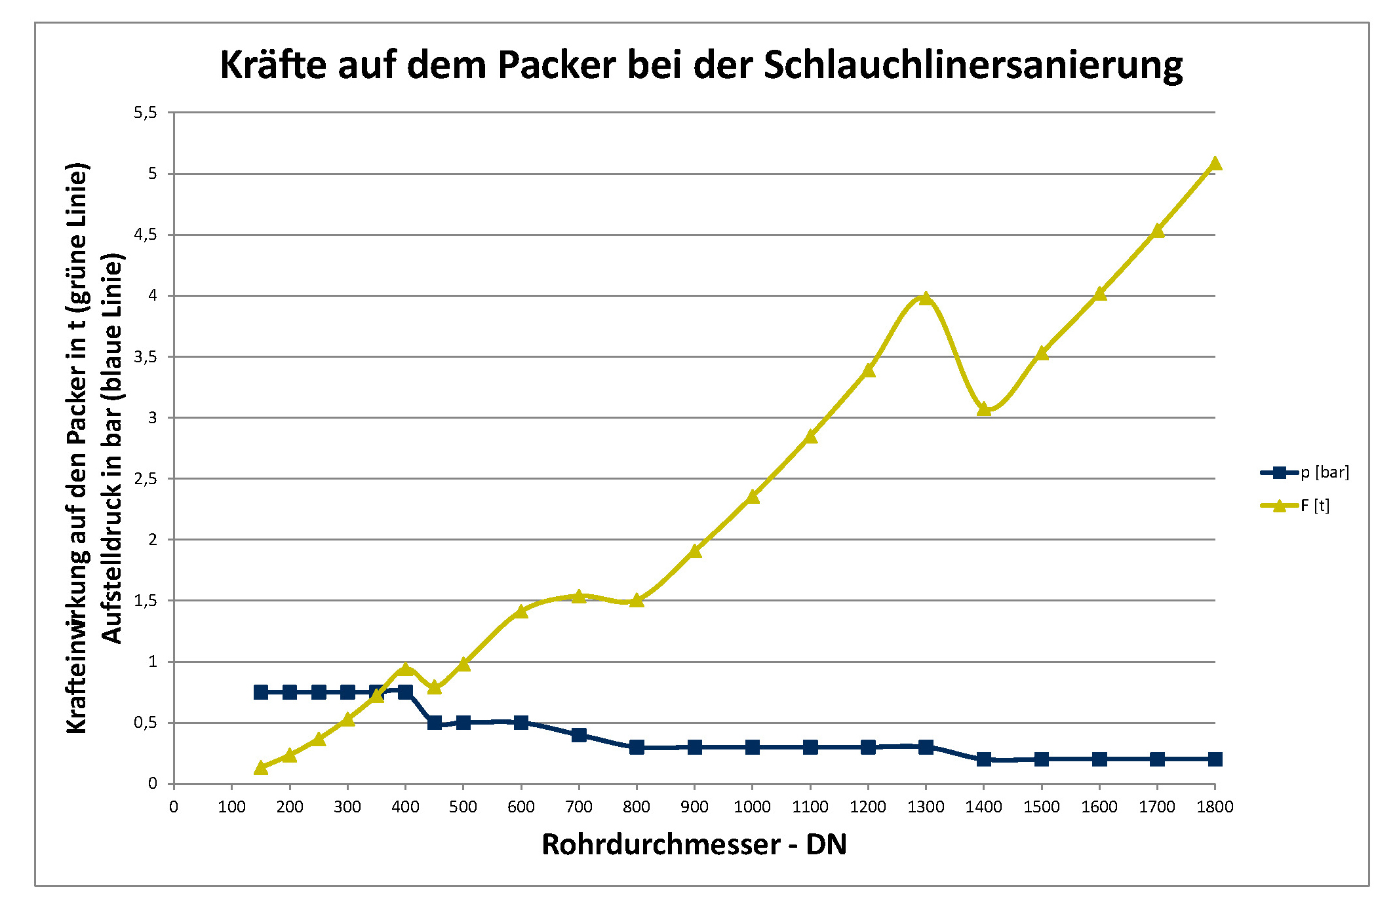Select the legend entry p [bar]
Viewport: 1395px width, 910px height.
coord(1324,472)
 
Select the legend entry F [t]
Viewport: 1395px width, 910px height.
coord(1314,506)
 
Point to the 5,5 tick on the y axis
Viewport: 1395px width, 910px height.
coord(146,113)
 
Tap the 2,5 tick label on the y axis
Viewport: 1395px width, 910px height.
coord(146,479)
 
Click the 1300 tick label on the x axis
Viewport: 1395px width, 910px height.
coord(926,807)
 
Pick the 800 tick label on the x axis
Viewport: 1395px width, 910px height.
coord(637,807)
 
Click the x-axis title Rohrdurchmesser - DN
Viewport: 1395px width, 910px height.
coord(694,844)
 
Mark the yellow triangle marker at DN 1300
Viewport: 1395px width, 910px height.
coord(926,299)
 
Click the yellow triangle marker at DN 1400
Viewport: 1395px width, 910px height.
coord(983,409)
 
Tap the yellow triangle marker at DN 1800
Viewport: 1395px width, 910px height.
coord(1215,163)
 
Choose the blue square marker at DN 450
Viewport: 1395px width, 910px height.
coord(434,723)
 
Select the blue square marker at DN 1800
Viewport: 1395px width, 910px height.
coord(1215,759)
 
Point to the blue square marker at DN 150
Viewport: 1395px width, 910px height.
coord(261,692)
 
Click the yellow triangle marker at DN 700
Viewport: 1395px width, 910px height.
coord(579,596)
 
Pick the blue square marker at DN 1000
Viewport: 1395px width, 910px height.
coord(753,747)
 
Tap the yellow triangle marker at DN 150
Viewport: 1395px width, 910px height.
coord(261,767)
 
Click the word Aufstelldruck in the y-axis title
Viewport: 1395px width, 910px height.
coord(112,577)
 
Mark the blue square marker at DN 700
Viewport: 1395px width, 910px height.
coord(579,735)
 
